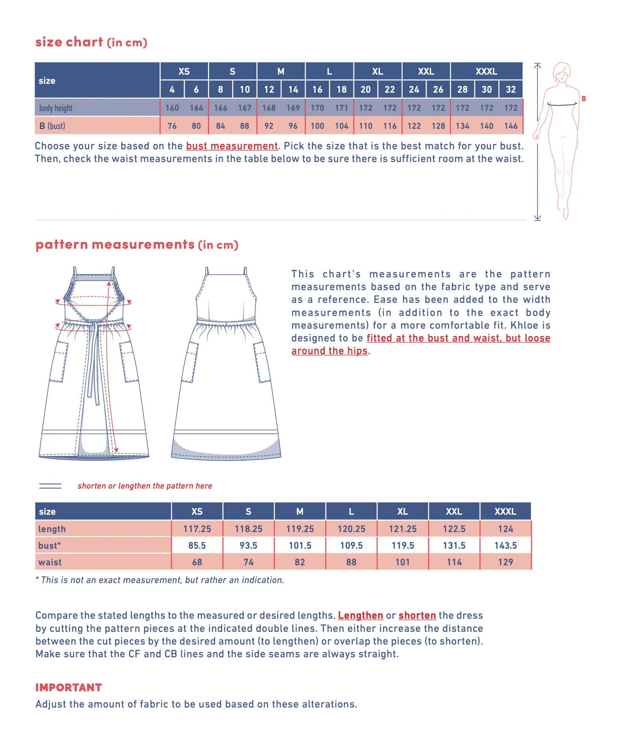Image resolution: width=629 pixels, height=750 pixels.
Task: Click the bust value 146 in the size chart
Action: pos(511,126)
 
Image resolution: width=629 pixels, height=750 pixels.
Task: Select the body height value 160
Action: pos(172,108)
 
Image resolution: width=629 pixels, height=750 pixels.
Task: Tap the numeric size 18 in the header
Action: pos(342,90)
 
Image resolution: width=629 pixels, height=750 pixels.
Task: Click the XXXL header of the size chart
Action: pos(486,72)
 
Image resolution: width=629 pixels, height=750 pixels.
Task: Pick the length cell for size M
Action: pos(300,529)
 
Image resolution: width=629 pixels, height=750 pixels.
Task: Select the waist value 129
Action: pos(506,562)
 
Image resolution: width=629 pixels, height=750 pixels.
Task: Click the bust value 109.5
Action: pos(351,546)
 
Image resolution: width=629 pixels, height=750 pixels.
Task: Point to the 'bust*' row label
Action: pos(50,546)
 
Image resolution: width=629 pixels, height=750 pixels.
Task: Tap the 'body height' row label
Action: pos(56,108)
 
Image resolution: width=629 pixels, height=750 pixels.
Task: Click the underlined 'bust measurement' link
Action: pos(232,146)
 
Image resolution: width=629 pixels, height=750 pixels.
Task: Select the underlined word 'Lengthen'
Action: pos(360,616)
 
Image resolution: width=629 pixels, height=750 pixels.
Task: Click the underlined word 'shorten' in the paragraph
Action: pos(417,616)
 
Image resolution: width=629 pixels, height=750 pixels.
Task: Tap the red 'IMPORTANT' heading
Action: pos(69,687)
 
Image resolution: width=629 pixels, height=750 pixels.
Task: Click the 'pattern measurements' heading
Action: pos(115,244)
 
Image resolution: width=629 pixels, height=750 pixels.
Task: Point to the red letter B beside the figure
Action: pos(584,99)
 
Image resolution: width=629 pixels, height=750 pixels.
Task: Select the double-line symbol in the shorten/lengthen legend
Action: pos(50,486)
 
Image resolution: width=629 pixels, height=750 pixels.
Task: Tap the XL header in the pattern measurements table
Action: pos(403,512)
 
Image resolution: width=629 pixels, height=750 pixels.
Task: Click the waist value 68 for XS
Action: pos(197,562)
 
